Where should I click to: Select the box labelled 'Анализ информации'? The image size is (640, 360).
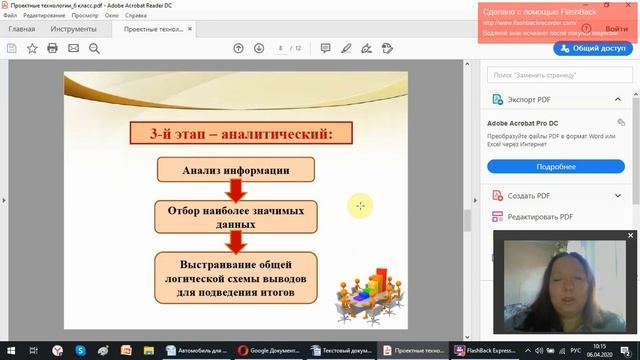[236, 170]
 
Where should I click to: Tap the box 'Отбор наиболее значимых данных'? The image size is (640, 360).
[236, 214]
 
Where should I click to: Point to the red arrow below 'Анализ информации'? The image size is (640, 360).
[237, 190]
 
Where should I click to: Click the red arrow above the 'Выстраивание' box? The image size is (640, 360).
[237, 240]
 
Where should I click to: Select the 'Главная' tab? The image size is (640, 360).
[22, 29]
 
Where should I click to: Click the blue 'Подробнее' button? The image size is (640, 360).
[555, 166]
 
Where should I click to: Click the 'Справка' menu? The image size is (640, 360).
[136, 16]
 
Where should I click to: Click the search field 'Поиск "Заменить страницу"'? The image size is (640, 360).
[555, 74]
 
